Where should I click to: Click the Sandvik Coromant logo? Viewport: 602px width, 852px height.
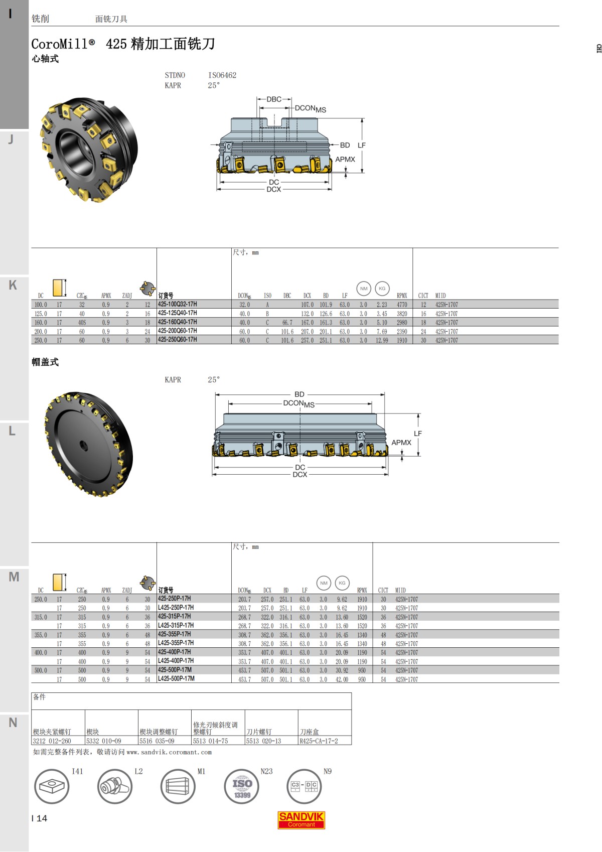click(x=301, y=820)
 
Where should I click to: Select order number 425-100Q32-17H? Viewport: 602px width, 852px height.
click(x=178, y=304)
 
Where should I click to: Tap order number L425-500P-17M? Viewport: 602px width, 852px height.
click(x=176, y=678)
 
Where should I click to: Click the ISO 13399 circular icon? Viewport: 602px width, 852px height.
click(x=242, y=787)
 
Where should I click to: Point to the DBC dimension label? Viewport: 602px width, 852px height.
click(x=274, y=99)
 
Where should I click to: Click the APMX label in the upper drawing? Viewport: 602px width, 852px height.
click(x=345, y=160)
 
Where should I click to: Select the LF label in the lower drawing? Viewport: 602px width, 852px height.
click(x=418, y=434)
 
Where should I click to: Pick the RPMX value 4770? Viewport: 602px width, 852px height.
click(x=402, y=305)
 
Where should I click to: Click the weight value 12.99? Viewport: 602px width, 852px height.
click(x=382, y=340)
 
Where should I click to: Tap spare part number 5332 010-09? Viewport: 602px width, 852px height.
click(x=104, y=741)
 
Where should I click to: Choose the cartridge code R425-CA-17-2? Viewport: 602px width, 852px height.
click(x=319, y=741)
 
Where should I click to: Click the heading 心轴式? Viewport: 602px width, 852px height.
click(x=45, y=59)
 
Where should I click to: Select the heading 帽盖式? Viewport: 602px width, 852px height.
click(x=45, y=362)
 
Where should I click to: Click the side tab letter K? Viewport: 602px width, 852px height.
click(x=13, y=285)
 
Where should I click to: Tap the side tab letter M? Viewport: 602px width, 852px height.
click(x=14, y=577)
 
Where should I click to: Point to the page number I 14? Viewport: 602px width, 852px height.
click(x=40, y=818)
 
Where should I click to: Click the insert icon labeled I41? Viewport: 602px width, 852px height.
click(x=52, y=786)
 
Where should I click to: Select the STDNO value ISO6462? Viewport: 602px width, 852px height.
click(x=222, y=75)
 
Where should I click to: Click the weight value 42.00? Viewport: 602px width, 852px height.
click(x=342, y=679)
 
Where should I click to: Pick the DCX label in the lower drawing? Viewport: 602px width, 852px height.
click(x=300, y=475)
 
